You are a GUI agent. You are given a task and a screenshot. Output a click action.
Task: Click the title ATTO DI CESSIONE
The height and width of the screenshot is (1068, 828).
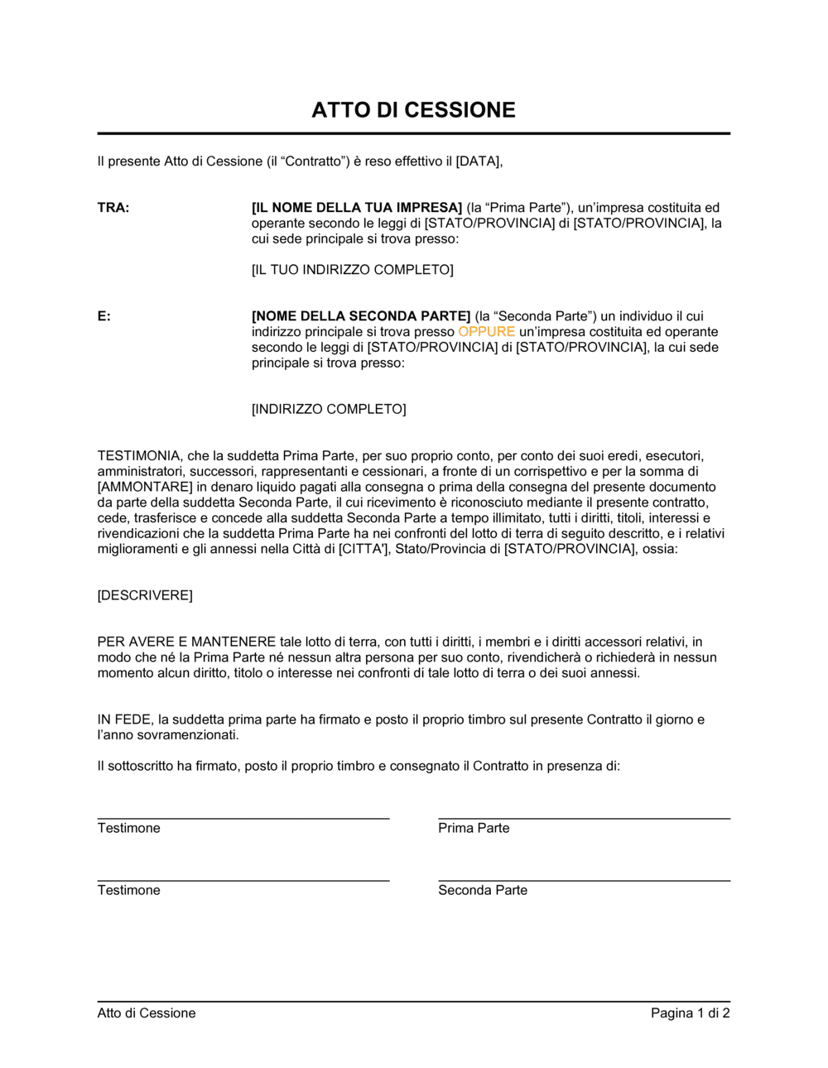413,110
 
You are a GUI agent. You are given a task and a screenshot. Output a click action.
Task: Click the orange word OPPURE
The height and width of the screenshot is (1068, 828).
486,332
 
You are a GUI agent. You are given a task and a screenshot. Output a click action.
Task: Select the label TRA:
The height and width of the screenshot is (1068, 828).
113,208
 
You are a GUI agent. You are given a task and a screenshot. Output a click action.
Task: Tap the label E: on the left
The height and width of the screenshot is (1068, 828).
103,316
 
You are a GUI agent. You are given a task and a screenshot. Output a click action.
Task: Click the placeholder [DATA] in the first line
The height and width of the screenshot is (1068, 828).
478,161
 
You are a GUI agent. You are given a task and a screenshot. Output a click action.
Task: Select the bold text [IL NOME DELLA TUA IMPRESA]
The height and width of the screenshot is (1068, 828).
356,208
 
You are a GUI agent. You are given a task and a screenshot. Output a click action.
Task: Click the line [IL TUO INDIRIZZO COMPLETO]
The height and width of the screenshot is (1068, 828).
352,270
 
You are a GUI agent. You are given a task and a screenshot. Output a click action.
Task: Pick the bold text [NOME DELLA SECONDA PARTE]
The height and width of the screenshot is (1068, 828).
360,316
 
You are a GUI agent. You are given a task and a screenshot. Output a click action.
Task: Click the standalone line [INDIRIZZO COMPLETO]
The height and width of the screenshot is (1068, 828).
329,409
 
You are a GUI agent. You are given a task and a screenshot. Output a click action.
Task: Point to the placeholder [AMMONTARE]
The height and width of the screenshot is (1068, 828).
145,487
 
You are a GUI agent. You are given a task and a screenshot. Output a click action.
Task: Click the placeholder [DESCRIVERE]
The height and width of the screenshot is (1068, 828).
145,595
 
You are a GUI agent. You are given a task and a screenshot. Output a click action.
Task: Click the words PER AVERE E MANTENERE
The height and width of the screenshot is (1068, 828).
186,642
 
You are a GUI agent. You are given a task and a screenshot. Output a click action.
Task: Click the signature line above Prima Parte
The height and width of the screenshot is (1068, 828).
584,818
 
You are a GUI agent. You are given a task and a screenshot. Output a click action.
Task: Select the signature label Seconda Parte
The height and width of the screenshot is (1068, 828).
483,890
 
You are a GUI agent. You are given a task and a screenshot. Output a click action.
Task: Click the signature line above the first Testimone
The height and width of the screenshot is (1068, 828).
243,818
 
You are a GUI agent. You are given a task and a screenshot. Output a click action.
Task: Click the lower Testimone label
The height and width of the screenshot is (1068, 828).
128,890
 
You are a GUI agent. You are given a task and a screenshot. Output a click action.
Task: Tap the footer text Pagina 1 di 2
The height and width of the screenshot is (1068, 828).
690,1013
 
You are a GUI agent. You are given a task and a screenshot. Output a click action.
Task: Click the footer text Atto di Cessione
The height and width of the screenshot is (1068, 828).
147,1013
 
